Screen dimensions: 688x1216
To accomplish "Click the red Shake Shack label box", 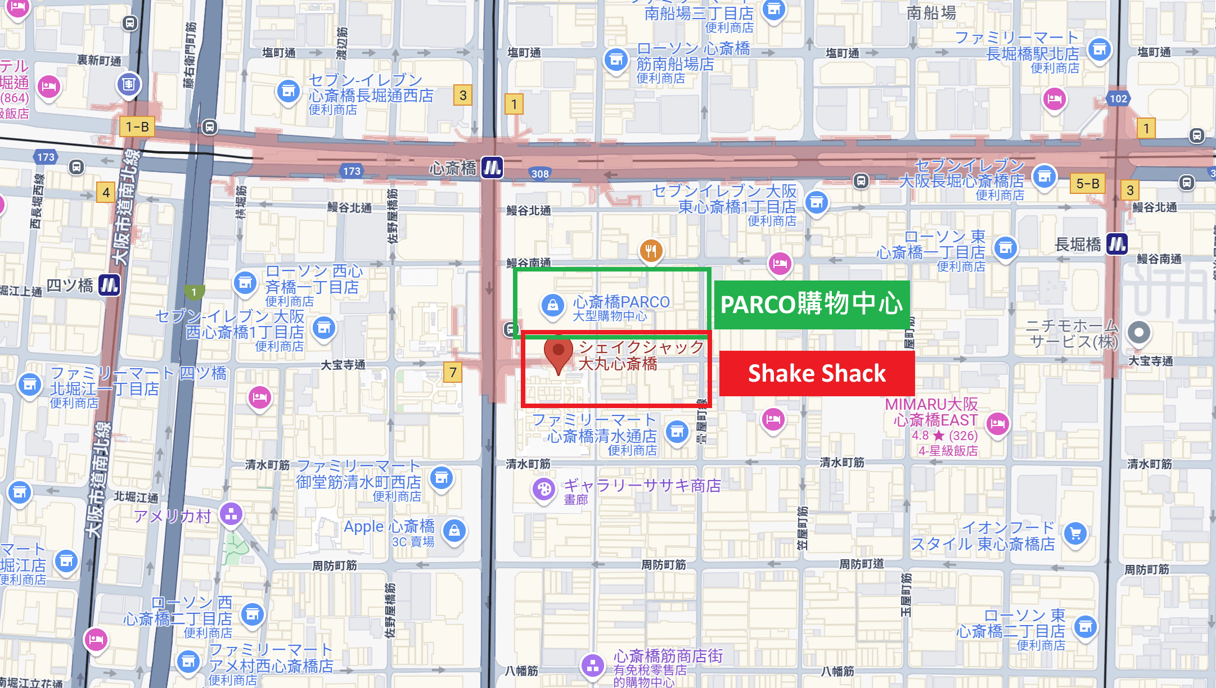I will point(817,373).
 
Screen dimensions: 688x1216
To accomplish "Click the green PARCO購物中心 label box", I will point(811,305).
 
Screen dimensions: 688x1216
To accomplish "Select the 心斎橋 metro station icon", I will point(492,168).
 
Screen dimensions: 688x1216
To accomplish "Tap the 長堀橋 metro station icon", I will point(1116,244).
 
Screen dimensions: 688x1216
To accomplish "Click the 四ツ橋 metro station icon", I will point(109,285).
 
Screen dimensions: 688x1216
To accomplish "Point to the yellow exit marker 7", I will point(453,372).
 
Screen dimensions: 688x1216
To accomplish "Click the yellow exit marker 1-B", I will point(137,126).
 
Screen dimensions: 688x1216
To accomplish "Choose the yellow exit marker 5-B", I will point(1087,184).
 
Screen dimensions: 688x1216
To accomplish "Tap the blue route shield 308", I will point(540,174).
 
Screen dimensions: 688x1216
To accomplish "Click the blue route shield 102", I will point(1118,98).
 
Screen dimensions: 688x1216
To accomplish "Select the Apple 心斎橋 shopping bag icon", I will point(454,530).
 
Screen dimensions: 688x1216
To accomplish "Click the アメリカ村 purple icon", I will point(231,513).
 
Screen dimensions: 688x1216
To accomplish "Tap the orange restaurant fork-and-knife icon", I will point(651,251).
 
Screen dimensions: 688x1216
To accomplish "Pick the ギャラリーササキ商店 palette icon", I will point(544,489).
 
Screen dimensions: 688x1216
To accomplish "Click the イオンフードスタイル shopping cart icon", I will point(1075,533).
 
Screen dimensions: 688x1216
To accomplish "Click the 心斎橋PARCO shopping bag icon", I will point(553,305).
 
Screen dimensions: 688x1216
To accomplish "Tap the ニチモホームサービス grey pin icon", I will point(1139,332).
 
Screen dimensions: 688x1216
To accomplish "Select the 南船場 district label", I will point(931,12).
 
